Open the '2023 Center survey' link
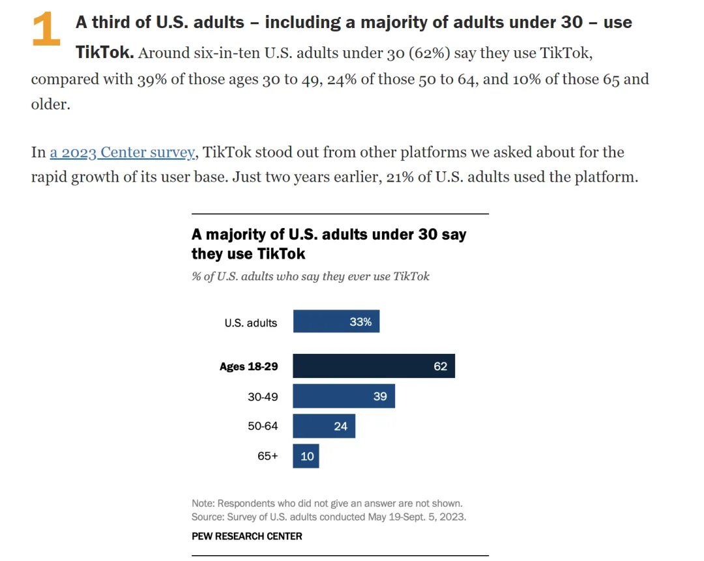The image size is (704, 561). (123, 152)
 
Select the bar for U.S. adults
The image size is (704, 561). (336, 322)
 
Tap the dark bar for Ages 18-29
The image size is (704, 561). (373, 366)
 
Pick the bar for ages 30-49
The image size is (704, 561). (344, 396)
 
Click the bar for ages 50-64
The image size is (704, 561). (323, 426)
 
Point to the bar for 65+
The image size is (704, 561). (306, 456)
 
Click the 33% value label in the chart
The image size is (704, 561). (360, 322)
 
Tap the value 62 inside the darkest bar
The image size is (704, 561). (440, 366)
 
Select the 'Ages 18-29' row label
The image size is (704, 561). (248, 366)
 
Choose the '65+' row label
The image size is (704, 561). (267, 456)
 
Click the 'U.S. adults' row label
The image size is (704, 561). (250, 323)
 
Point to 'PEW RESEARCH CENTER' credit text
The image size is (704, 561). (246, 536)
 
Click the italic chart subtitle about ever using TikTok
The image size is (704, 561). (310, 276)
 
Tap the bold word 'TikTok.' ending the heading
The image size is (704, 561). (104, 53)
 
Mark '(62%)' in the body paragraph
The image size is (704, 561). (430, 53)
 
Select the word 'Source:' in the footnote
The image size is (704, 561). (208, 517)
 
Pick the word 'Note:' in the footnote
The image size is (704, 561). (203, 504)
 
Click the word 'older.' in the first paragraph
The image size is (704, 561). (50, 104)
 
